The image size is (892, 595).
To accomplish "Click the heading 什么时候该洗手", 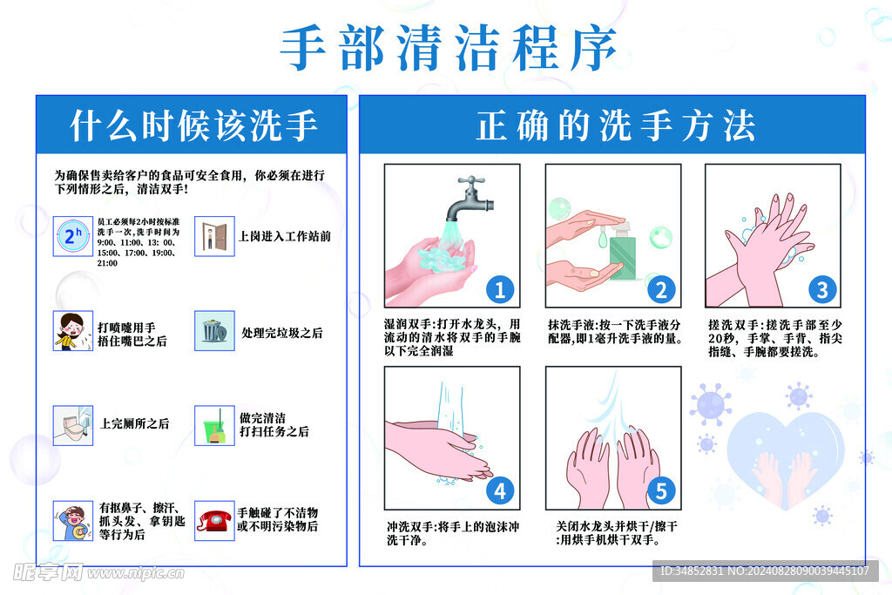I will (x=193, y=125).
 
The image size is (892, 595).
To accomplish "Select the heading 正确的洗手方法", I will (x=614, y=125).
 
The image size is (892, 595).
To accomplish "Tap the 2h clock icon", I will (x=72, y=236).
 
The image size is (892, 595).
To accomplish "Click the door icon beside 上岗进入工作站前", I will (x=213, y=236).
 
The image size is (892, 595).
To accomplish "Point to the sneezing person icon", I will (x=72, y=331).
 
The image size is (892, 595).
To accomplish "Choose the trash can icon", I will (x=213, y=331).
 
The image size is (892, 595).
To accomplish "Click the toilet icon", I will (x=72, y=425).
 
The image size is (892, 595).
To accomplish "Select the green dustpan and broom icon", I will (x=213, y=425).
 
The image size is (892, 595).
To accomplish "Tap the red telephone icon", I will (x=213, y=520).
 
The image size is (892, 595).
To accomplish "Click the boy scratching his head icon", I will (x=72, y=520).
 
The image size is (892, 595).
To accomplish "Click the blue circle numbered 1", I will (x=499, y=289).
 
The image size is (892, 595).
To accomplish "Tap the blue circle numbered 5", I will (x=660, y=491).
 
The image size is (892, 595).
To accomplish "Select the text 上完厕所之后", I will (x=135, y=424).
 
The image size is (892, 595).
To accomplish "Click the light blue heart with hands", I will (x=785, y=458).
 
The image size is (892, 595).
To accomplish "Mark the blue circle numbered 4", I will (x=499, y=491).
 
